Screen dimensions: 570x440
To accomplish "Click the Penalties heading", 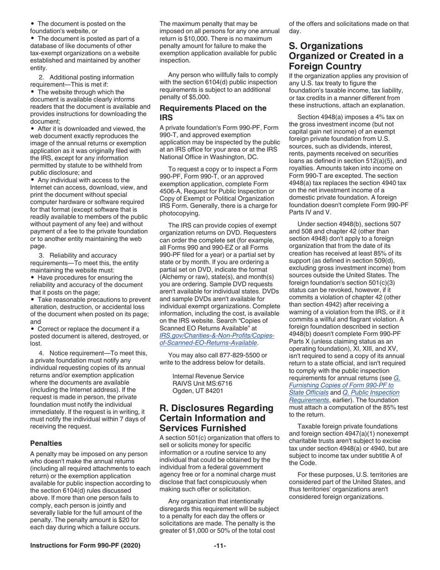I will pos(46,443).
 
